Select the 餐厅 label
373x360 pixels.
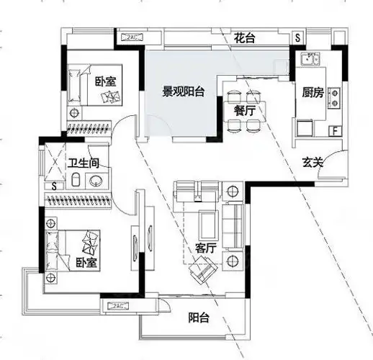[x=244, y=110]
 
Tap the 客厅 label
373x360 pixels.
[x=206, y=247]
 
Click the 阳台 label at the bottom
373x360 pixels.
[x=199, y=317]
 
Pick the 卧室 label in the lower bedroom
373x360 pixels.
[x=86, y=262]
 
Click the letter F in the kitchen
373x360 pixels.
[x=335, y=130]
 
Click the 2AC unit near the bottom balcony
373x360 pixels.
[x=119, y=307]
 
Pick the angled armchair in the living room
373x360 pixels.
[x=202, y=271]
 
